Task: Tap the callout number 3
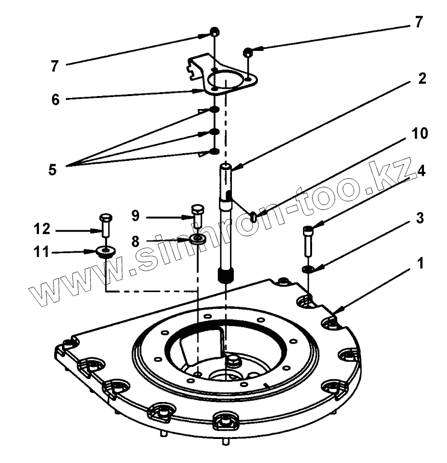(419, 219)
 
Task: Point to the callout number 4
(421, 171)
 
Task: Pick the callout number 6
(56, 101)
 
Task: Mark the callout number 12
(42, 229)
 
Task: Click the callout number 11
(42, 252)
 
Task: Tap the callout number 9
(136, 216)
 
